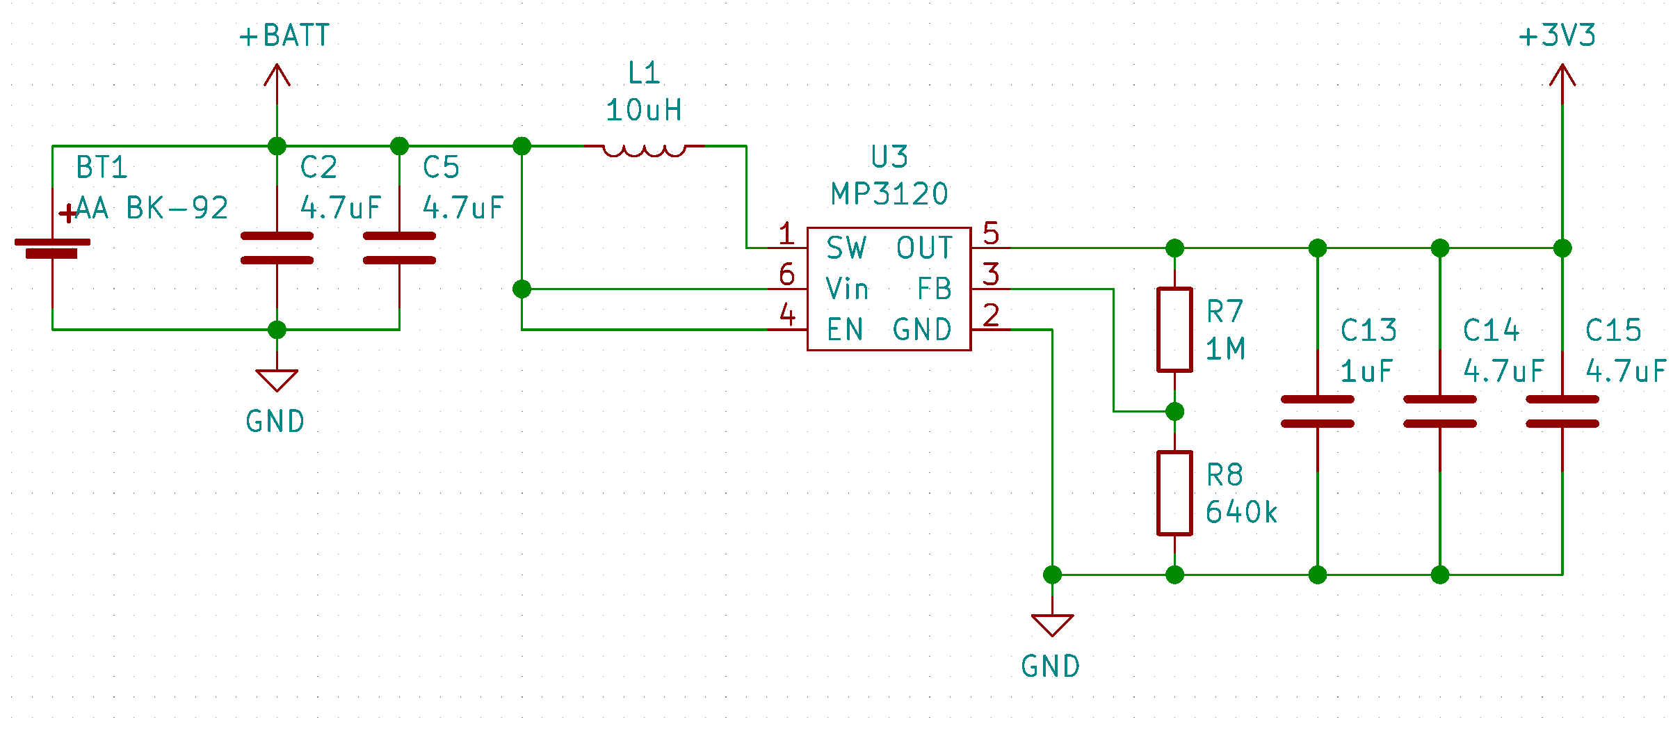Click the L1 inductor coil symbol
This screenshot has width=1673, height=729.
[x=644, y=150]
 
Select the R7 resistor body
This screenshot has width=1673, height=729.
[x=1174, y=330]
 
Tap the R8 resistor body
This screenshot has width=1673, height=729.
[x=1174, y=493]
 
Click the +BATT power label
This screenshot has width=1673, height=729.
[x=284, y=36]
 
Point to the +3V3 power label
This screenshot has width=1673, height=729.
[x=1557, y=36]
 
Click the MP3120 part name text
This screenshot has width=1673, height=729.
[x=889, y=194]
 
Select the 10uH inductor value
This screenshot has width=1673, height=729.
[x=644, y=111]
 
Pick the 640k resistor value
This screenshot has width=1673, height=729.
[x=1241, y=513]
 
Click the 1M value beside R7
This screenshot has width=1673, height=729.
[x=1225, y=349]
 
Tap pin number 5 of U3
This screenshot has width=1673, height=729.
[x=991, y=234]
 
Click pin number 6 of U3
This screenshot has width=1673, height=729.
[x=786, y=275]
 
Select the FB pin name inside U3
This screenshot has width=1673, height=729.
[x=934, y=289]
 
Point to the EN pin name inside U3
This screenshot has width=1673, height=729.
[x=845, y=330]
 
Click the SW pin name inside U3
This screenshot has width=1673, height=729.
[x=846, y=248]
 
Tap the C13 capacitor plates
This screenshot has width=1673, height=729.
[x=1317, y=412]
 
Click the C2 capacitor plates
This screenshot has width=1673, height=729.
[x=277, y=248]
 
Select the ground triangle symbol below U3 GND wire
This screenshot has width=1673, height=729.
[x=1052, y=624]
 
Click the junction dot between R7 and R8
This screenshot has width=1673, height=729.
[x=1174, y=412]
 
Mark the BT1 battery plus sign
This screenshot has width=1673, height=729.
[x=67, y=214]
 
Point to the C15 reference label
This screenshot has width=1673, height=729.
[x=1613, y=330]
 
